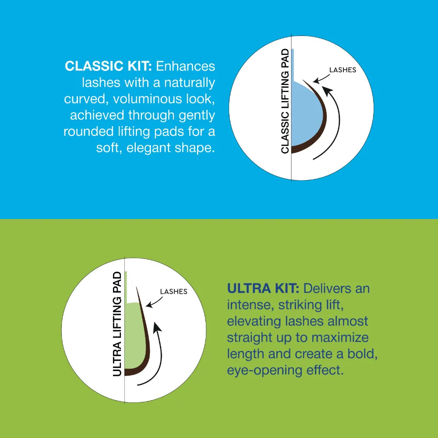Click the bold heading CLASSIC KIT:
point(108,66)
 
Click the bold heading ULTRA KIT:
point(263,289)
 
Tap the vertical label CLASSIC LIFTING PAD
point(285,101)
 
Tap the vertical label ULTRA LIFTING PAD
point(117,324)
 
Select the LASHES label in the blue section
point(343,70)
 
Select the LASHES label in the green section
point(173,292)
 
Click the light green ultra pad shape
point(134,335)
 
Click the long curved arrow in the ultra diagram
point(161,355)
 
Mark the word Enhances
point(185,66)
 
